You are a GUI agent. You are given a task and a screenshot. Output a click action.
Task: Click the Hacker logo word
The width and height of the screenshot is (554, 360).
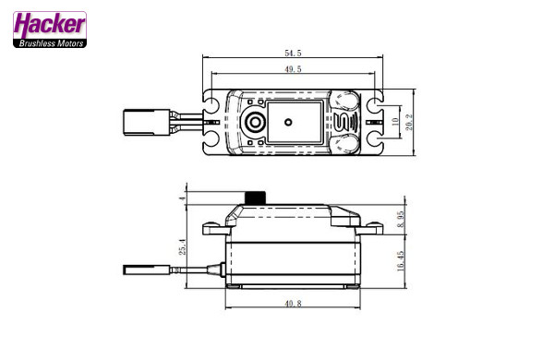click(x=50, y=25)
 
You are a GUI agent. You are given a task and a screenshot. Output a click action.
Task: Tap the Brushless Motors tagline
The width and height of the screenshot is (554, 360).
click(x=51, y=43)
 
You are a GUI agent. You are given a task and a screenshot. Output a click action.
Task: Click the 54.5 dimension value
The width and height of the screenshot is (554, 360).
click(x=293, y=53)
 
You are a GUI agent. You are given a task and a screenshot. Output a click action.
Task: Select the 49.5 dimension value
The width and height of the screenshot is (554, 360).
click(x=293, y=69)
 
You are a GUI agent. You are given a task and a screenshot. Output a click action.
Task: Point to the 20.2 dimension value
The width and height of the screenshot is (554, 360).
click(x=409, y=122)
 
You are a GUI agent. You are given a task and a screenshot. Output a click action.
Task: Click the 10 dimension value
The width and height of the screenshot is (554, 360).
click(x=395, y=122)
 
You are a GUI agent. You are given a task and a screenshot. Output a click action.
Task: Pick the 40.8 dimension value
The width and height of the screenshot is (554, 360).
click(x=293, y=303)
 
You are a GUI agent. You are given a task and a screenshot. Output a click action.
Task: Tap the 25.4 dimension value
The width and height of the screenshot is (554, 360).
click(x=182, y=246)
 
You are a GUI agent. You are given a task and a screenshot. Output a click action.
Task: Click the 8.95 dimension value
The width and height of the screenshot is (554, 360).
click(x=401, y=219)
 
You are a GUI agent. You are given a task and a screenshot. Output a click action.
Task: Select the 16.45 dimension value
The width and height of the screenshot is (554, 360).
click(x=401, y=261)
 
